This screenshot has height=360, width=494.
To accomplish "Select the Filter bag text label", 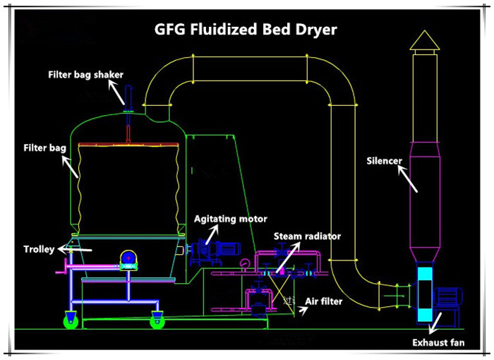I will pyautogui.click(x=45, y=149).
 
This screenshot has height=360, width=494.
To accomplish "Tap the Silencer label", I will pyautogui.click(x=384, y=160).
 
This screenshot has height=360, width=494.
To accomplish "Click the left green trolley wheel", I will pyautogui.click(x=71, y=322).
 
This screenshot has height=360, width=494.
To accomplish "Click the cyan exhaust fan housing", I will pyautogui.click(x=426, y=296).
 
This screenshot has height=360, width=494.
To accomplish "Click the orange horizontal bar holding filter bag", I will pyautogui.click(x=127, y=144).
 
